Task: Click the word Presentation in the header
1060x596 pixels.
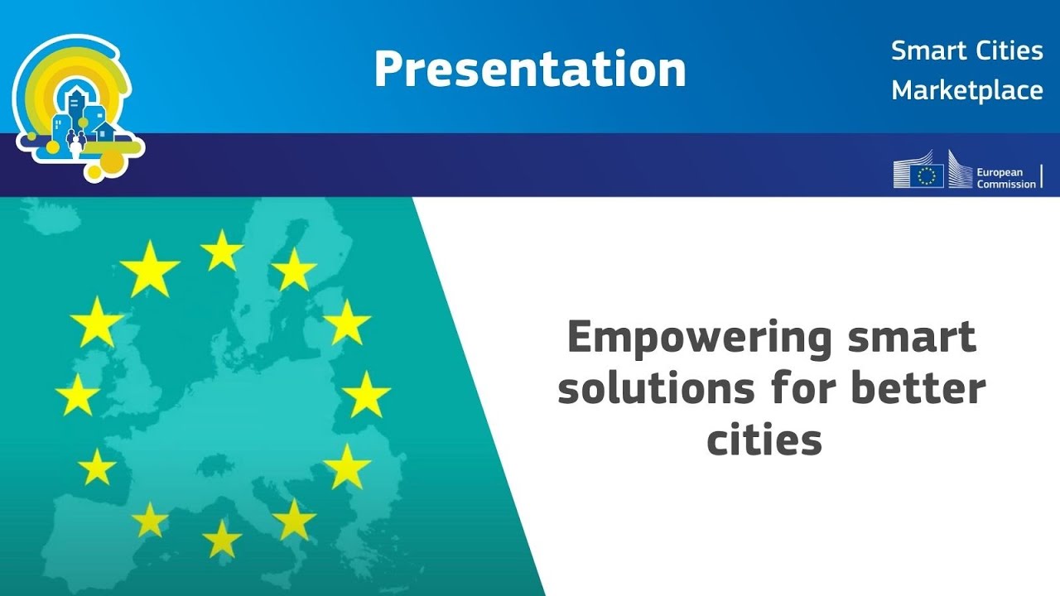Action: click(x=530, y=70)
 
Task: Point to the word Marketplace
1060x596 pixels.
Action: click(x=966, y=90)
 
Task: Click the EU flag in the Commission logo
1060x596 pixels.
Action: click(x=929, y=175)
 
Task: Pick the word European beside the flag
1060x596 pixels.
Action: click(x=1000, y=171)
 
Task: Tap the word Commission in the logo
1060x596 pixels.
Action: click(x=1006, y=184)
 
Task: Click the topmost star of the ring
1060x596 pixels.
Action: click(x=222, y=250)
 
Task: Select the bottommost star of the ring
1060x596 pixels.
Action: click(x=222, y=539)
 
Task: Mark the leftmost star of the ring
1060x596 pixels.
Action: click(x=78, y=395)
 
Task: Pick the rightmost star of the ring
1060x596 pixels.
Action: click(x=366, y=395)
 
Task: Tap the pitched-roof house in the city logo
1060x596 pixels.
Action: click(x=104, y=131)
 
